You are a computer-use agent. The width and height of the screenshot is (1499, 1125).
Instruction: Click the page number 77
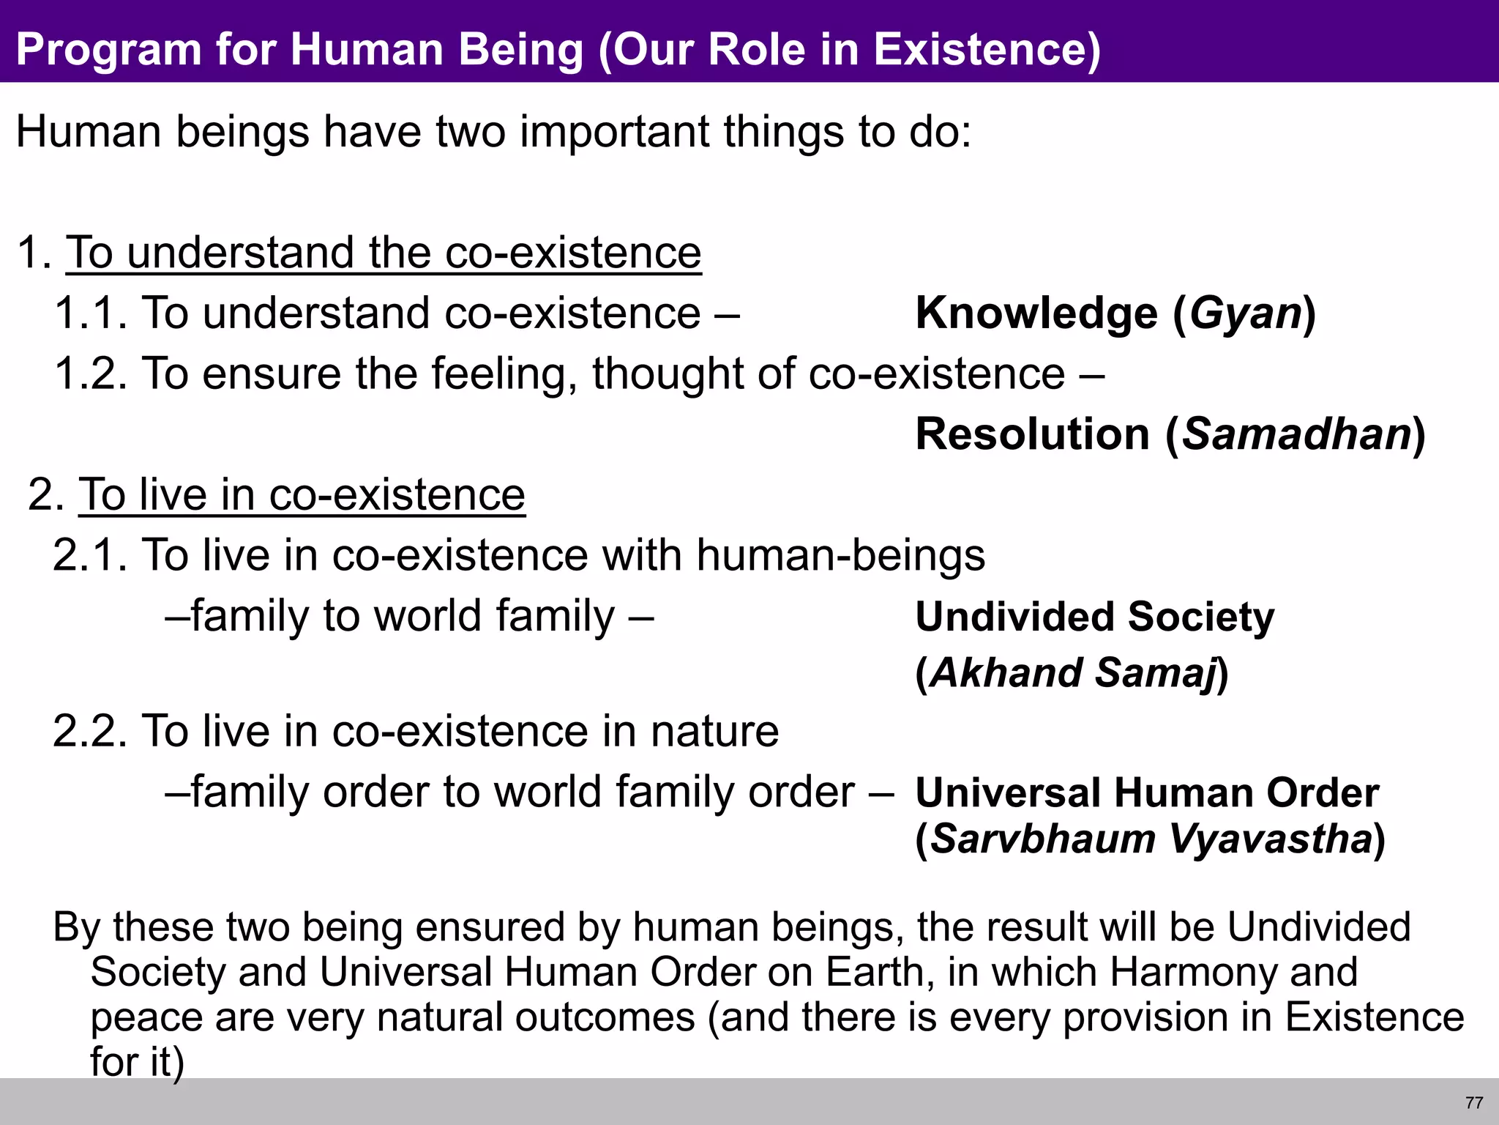[1474, 1102]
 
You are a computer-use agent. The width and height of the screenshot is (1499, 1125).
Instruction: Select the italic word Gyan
[1244, 313]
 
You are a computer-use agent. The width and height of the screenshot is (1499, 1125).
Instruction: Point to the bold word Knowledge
[1036, 313]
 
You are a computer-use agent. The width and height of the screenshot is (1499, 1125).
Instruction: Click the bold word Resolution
[1032, 434]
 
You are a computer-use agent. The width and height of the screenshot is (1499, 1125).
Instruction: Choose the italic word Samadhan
[1296, 434]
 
